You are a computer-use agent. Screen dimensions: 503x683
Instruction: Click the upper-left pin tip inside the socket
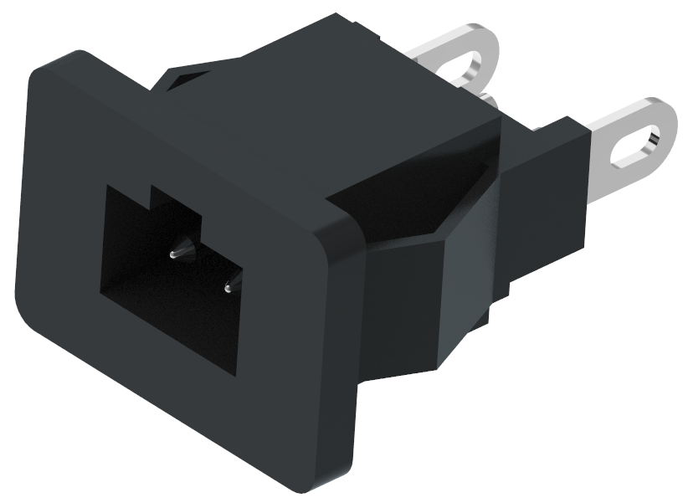point(173,252)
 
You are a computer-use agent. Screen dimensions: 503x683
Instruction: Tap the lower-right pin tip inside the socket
point(227,289)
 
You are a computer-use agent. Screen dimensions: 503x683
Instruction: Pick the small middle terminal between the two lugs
point(491,102)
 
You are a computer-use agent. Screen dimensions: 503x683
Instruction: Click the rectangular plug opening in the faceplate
point(167,276)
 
